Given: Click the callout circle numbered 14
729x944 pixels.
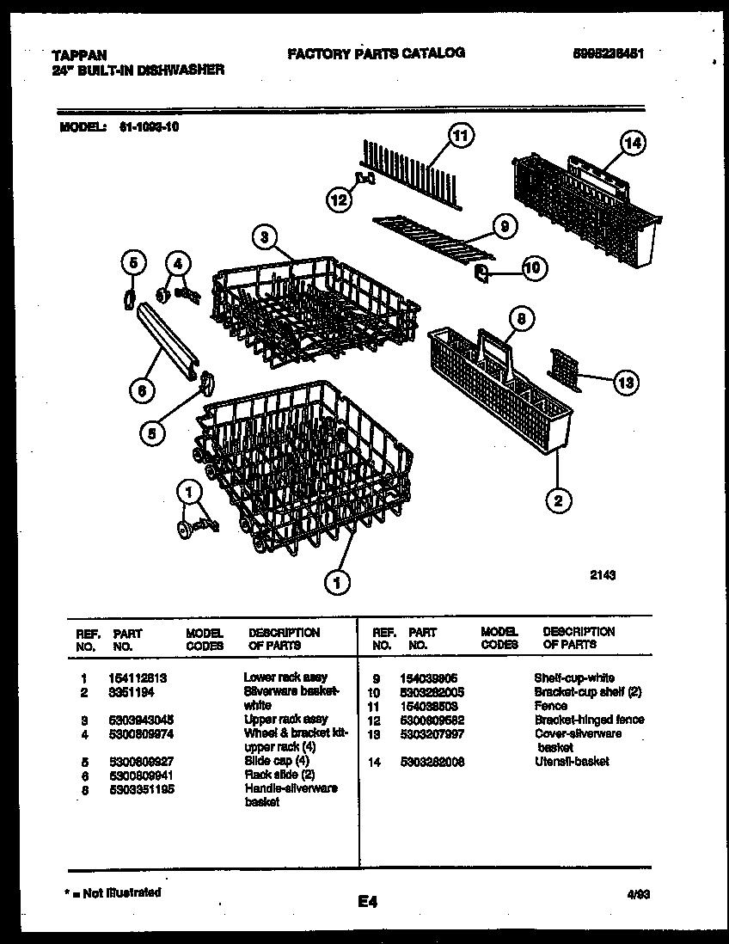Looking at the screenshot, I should (633, 144).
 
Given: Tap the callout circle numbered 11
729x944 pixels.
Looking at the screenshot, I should (462, 135).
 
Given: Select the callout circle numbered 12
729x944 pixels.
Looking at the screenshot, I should (339, 199).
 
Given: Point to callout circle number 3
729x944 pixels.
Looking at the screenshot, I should (266, 236).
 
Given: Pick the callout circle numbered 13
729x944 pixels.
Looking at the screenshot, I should (626, 382).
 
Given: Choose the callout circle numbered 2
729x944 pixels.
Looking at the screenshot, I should (557, 500).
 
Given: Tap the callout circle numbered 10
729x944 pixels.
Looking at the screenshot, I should (532, 268).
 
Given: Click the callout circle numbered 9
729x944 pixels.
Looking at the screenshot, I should (505, 226).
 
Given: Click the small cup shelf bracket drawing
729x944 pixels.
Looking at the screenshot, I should (482, 273).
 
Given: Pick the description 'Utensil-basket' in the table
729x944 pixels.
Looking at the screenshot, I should (572, 761).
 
